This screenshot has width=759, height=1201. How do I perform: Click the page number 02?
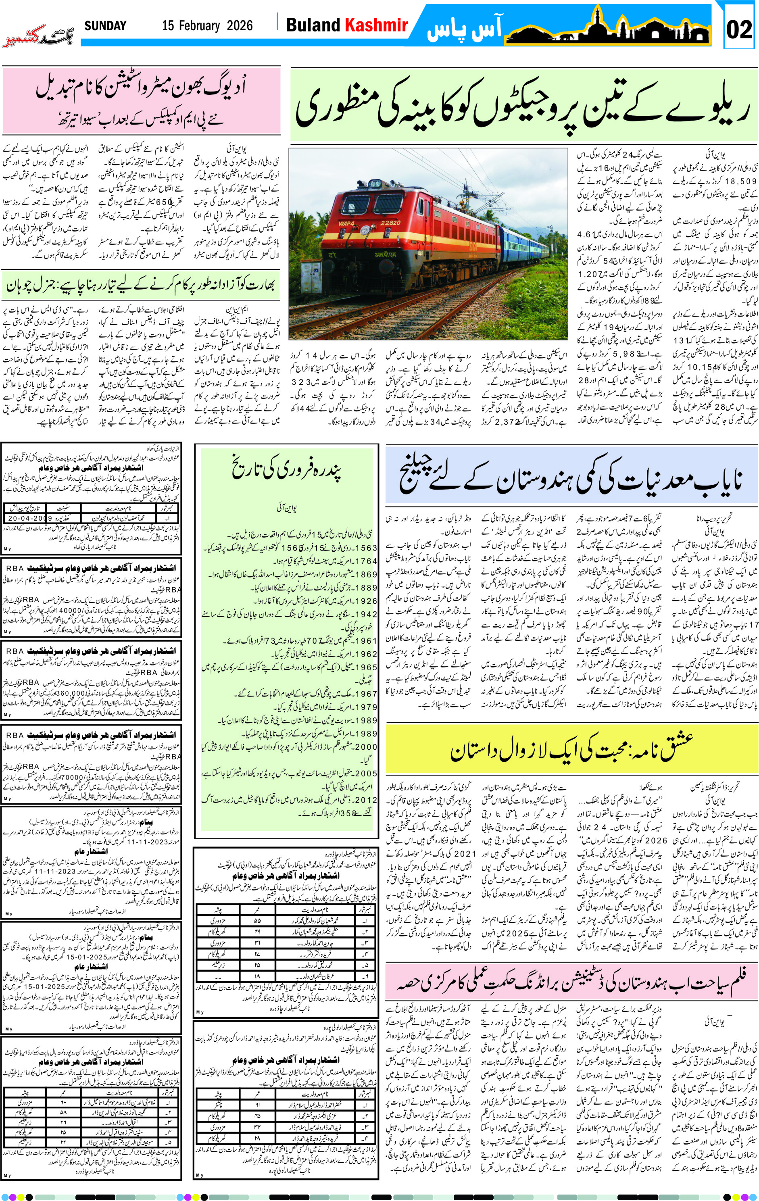[x=739, y=29]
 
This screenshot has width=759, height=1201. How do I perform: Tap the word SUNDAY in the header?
[x=105, y=26]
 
